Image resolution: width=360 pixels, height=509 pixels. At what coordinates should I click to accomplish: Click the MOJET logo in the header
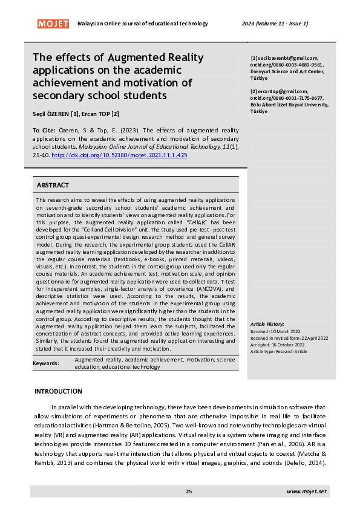(x=53, y=24)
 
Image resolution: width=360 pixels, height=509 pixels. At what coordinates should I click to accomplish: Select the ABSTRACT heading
(x=53, y=185)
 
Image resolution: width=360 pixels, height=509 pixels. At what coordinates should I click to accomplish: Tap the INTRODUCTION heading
(x=58, y=392)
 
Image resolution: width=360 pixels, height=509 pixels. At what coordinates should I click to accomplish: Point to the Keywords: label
(x=46, y=363)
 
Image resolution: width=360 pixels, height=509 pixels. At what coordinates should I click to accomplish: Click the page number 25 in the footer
(x=189, y=491)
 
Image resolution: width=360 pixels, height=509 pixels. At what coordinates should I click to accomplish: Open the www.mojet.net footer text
(x=306, y=491)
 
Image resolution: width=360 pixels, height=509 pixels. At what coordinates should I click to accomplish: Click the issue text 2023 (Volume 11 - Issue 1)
(x=275, y=24)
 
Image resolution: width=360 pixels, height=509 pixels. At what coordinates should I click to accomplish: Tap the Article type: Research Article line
(x=279, y=351)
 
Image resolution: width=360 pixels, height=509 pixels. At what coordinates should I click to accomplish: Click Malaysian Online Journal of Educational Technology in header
(x=143, y=24)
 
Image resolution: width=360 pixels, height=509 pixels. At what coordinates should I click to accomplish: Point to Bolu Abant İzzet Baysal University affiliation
(x=289, y=105)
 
